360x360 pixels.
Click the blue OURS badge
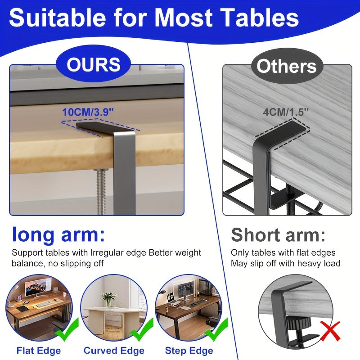coord(94,65)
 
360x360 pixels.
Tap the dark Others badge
coord(287,67)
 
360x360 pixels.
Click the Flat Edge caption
coord(39,350)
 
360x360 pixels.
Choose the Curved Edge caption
coord(114,350)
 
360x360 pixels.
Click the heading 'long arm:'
coord(58,235)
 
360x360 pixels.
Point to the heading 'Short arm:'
coord(278,235)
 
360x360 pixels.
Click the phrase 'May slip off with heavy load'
coord(285,263)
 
